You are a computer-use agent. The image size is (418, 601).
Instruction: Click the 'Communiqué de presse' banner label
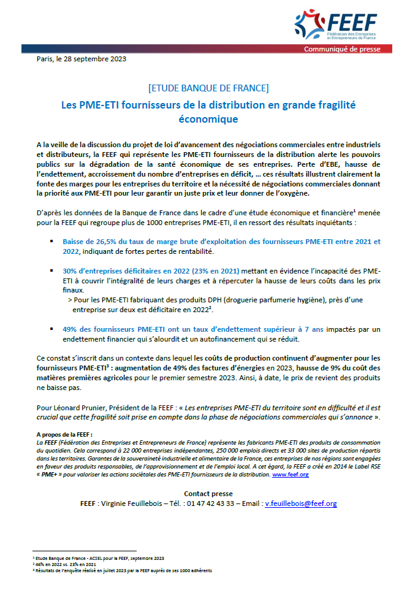[343, 49]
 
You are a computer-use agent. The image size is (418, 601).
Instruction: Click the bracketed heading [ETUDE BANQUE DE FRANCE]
[208, 88]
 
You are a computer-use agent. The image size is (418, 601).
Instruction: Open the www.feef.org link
[290, 475]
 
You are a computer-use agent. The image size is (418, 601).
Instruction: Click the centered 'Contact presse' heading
[208, 493]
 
